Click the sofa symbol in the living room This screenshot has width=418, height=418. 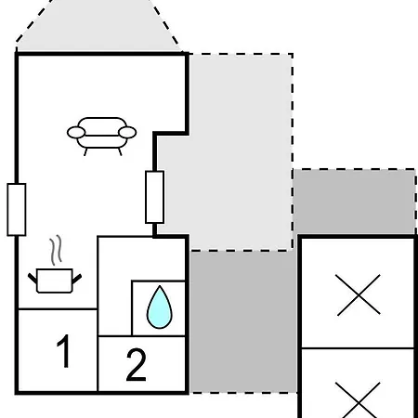101,136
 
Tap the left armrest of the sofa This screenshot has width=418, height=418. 76,133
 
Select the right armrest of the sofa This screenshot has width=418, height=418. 127,133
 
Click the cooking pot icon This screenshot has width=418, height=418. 55,281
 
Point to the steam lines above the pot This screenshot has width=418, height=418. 56,250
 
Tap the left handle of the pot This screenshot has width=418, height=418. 33,279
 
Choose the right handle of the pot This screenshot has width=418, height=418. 77,279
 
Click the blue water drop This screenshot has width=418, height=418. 159,307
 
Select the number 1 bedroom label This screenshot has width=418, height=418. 63,351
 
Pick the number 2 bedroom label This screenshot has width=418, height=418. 136,364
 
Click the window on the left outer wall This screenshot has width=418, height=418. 17,210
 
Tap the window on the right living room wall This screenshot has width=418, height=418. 154,197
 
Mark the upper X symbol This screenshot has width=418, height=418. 358,295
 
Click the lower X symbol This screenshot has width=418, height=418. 358,400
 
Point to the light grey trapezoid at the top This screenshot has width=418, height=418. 98,26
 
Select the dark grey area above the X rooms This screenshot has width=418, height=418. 354,202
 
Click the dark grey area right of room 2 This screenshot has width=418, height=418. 243,322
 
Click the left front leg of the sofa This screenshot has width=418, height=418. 85,151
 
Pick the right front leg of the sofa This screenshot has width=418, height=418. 120,151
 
